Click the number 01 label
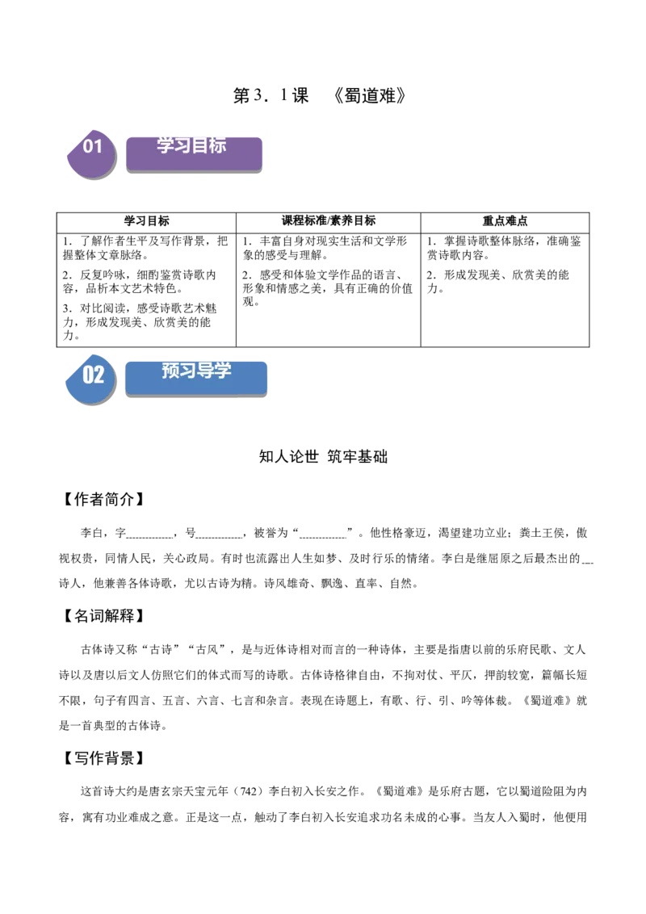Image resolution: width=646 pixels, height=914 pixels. click(x=93, y=146)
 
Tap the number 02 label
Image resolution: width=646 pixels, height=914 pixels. click(x=94, y=375)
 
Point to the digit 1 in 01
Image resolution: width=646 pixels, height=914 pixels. click(x=99, y=146)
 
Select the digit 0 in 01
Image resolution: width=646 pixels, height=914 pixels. click(x=88, y=146)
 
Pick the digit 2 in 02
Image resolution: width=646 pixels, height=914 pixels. click(x=99, y=375)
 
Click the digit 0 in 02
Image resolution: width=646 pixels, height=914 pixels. click(x=88, y=375)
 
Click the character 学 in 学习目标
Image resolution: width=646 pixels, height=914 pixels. click(x=166, y=145)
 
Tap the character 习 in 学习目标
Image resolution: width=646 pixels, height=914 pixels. click(x=182, y=145)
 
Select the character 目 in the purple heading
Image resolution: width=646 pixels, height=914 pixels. click(x=200, y=145)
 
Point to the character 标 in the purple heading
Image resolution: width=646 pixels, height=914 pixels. click(x=217, y=145)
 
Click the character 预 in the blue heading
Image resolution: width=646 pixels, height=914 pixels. click(x=170, y=371)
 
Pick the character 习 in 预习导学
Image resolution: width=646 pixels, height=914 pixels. click(x=187, y=371)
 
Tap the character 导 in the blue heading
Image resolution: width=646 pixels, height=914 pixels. click(x=205, y=371)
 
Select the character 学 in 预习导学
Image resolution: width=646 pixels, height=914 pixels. click(x=223, y=371)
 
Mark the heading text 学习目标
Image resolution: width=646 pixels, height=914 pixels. click(x=191, y=145)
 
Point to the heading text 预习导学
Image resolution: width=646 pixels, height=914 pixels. click(x=196, y=371)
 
